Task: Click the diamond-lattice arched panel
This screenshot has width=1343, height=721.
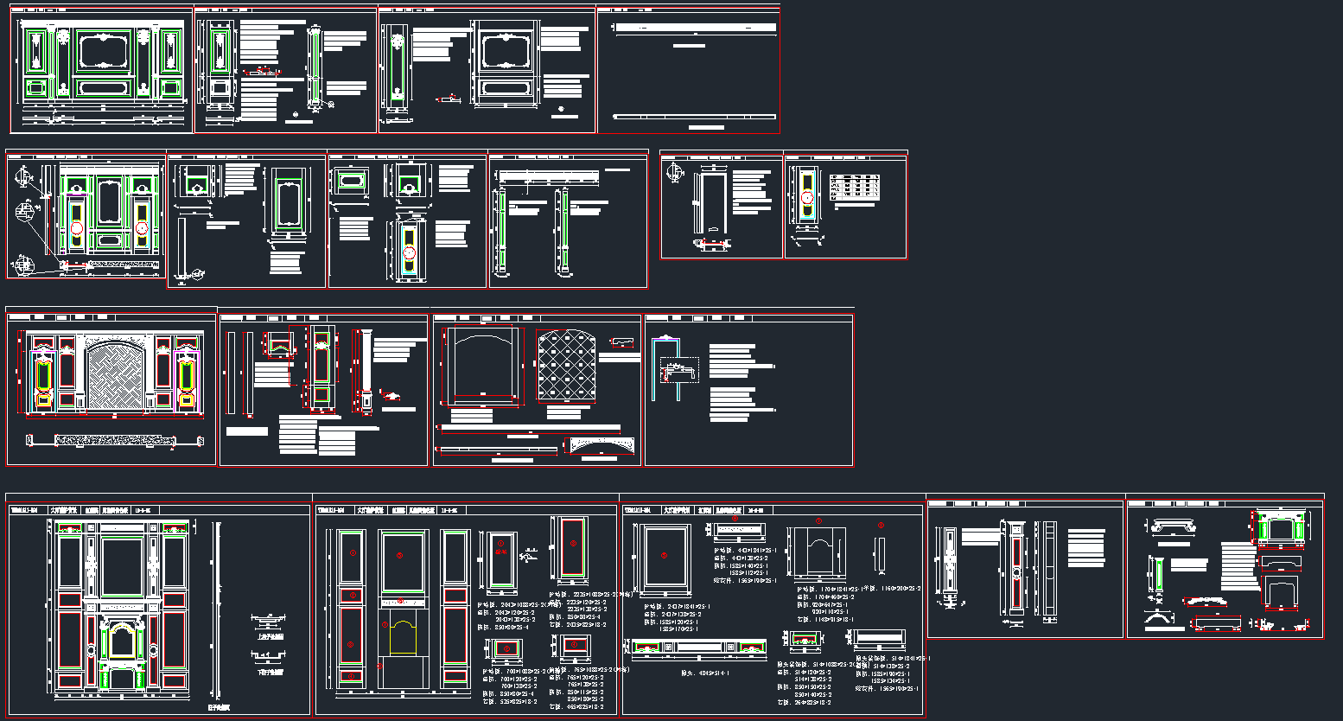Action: coord(566,367)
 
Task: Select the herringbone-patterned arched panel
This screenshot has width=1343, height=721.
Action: coord(116,371)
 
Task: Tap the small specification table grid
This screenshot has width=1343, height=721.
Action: coord(855,188)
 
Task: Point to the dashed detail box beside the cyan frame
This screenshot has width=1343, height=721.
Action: coord(678,372)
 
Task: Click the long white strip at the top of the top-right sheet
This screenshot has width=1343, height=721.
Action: coord(695,28)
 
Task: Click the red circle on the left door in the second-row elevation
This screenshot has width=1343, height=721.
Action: coord(76,228)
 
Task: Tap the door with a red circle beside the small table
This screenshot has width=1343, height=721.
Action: coord(806,198)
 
